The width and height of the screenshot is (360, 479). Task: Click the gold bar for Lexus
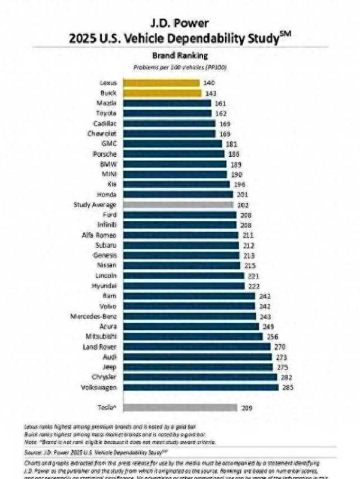[162, 83]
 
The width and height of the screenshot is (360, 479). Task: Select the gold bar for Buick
[162, 93]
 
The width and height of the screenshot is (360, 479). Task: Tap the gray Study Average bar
[178, 204]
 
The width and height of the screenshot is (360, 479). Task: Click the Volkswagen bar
[201, 387]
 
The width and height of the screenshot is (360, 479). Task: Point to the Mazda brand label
[107, 103]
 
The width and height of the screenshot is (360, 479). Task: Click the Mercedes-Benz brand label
[93, 316]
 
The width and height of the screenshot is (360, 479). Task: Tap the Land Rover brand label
[99, 347]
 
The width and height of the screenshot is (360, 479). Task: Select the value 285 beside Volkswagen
[287, 387]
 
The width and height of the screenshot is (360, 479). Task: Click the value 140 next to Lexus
[209, 83]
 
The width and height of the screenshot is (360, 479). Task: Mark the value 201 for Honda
[241, 194]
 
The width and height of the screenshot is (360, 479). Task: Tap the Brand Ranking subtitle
[180, 54]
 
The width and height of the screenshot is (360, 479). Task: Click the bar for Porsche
[174, 153]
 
